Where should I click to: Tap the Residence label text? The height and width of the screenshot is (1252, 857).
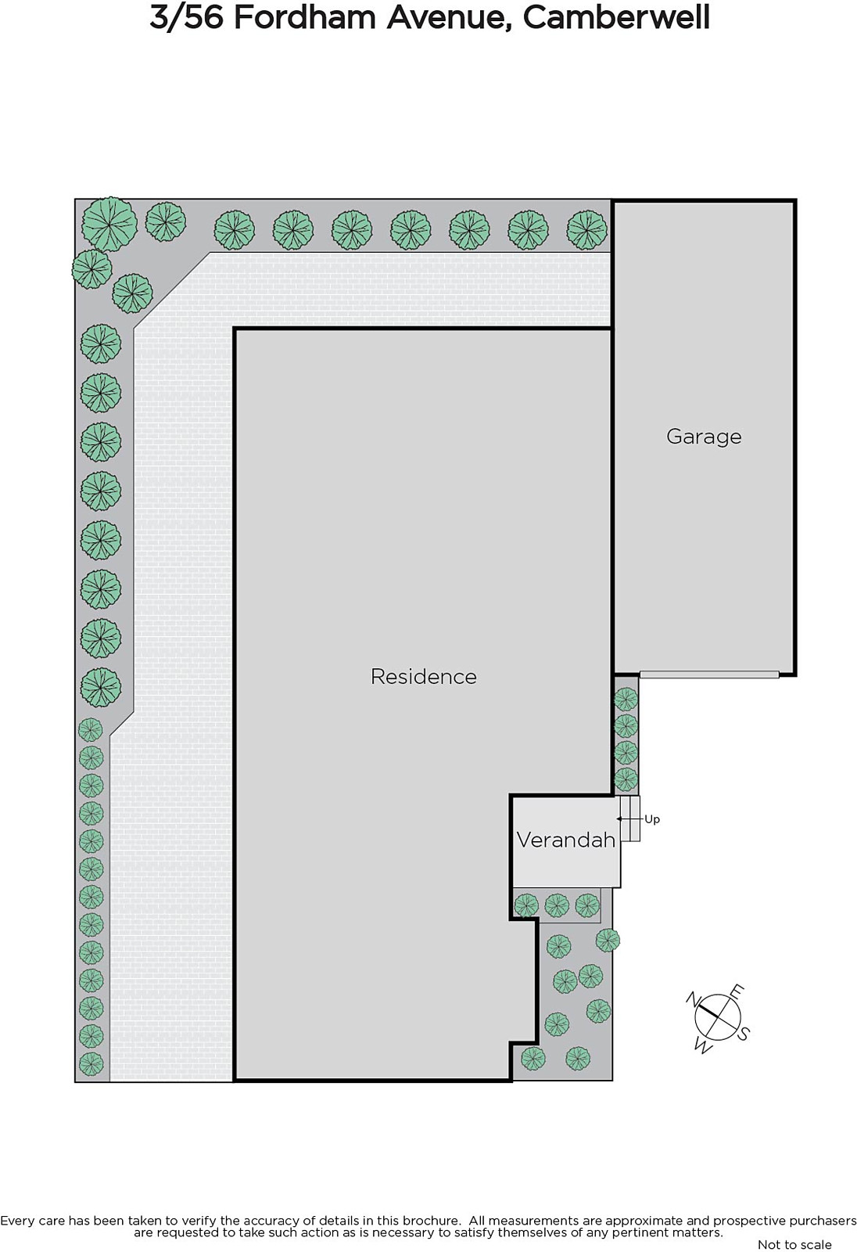pyautogui.click(x=424, y=677)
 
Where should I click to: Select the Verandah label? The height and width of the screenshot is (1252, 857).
pyautogui.click(x=566, y=840)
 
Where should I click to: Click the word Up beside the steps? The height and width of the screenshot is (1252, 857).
pyautogui.click(x=652, y=820)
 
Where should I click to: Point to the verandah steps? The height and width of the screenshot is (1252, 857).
pyautogui.click(x=630, y=818)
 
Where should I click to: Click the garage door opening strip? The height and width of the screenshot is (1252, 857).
pyautogui.click(x=709, y=675)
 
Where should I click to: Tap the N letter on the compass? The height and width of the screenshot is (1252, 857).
pyautogui.click(x=694, y=998)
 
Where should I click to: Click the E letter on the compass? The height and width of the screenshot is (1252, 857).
pyautogui.click(x=737, y=991)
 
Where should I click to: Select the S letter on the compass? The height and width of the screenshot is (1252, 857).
pyautogui.click(x=743, y=1034)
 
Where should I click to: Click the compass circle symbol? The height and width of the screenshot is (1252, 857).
pyautogui.click(x=718, y=1017)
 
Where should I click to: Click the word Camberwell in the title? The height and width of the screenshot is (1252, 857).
pyautogui.click(x=616, y=17)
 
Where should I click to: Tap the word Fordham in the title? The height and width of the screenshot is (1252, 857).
pyautogui.click(x=306, y=17)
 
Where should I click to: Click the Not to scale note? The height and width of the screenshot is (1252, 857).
pyautogui.click(x=794, y=1244)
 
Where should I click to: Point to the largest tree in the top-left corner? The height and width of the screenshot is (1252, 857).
pyautogui.click(x=109, y=224)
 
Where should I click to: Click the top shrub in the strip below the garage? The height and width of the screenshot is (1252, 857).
pyautogui.click(x=626, y=700)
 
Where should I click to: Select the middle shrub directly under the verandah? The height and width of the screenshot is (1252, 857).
pyautogui.click(x=557, y=905)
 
